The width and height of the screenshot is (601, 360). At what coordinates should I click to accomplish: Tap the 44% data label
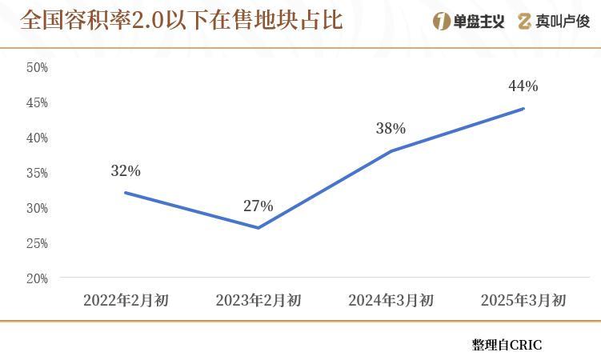point(523,86)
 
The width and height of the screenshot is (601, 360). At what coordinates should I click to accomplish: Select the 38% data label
point(391,128)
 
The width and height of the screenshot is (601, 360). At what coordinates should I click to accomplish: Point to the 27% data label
point(258,206)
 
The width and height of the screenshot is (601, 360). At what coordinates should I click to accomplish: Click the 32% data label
point(126,170)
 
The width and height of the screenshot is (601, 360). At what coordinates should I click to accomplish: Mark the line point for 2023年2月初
point(258,228)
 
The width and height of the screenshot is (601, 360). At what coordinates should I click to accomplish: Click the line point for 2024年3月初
point(391,150)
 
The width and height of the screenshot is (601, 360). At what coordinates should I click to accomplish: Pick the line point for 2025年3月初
point(523,109)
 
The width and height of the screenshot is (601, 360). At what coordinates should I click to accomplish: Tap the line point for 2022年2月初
point(126,193)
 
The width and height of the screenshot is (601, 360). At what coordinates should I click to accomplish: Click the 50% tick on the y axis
point(37,68)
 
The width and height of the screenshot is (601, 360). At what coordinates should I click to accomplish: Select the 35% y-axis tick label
point(37,173)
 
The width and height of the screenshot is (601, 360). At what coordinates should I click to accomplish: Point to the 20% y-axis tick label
point(37,278)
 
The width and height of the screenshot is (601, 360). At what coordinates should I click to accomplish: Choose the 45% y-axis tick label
point(37,102)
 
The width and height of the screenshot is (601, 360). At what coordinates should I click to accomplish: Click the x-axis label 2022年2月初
point(126,301)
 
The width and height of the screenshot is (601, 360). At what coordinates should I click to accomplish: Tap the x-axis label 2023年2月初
point(258,301)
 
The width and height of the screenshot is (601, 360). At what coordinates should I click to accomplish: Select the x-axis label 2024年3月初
point(391,301)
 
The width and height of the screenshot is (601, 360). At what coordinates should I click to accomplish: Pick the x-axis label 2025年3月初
point(523,301)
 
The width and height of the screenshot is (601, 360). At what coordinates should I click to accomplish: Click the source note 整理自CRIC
point(507,345)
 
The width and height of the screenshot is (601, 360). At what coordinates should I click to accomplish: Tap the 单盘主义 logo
point(468,22)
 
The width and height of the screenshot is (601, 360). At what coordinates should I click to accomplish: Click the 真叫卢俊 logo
point(553,22)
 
